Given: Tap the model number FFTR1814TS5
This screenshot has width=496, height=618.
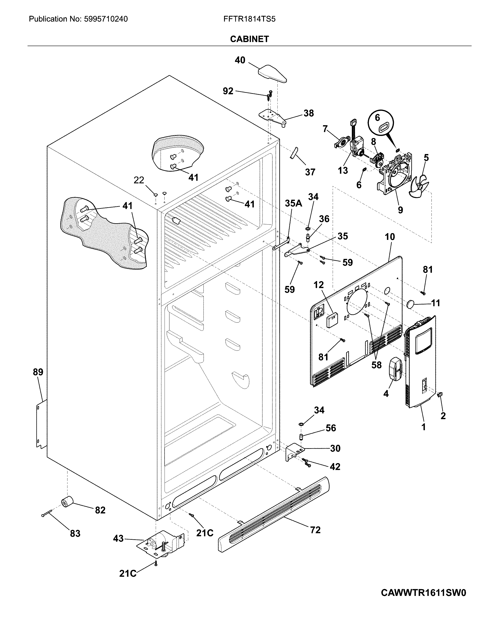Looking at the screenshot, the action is click(x=249, y=19).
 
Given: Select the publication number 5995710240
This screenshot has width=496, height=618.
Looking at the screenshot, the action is click(x=106, y=19).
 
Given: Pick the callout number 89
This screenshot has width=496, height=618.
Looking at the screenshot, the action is click(x=38, y=372).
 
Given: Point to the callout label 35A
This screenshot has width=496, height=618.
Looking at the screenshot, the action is click(x=293, y=203).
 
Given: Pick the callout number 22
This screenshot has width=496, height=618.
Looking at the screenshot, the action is click(x=139, y=180).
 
